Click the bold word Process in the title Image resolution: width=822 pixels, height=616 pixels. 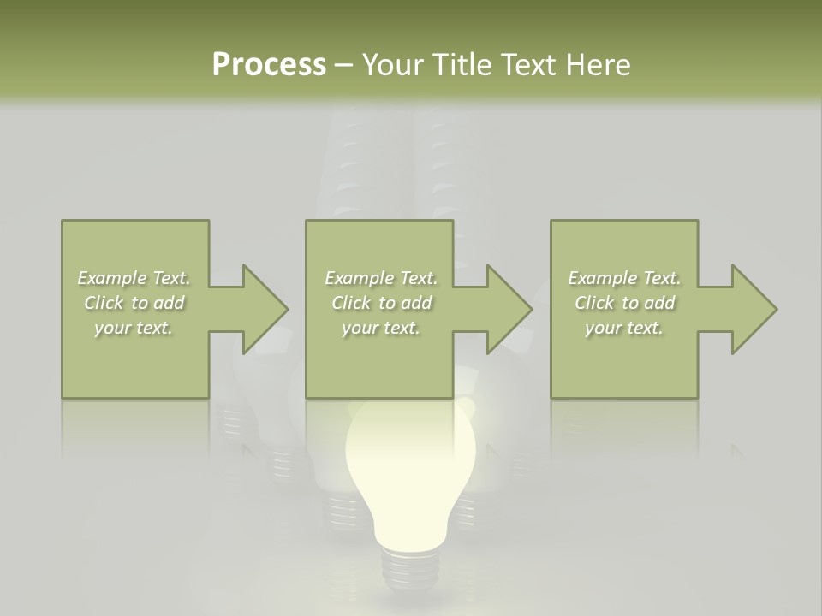pyautogui.click(x=269, y=65)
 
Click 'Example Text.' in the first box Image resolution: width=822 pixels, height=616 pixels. pyautogui.click(x=134, y=278)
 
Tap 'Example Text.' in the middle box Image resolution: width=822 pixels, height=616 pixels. pyautogui.click(x=381, y=278)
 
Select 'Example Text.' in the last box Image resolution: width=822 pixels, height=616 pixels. pyautogui.click(x=624, y=278)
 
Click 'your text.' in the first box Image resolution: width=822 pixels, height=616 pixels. pyautogui.click(x=134, y=328)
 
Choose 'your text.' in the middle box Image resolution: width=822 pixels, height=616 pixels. pyautogui.click(x=381, y=328)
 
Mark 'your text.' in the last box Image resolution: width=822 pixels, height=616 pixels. pyautogui.click(x=624, y=328)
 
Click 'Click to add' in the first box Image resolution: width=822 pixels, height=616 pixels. pyautogui.click(x=134, y=303)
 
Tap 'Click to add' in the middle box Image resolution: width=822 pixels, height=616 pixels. pyautogui.click(x=381, y=303)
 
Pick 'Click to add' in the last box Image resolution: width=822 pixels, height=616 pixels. pyautogui.click(x=624, y=303)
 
